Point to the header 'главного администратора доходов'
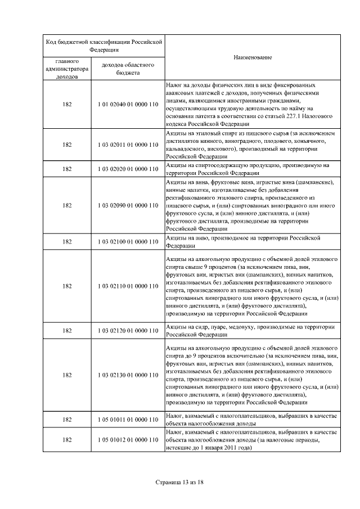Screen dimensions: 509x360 click(67, 69)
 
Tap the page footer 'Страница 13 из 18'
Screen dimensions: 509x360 click(179, 483)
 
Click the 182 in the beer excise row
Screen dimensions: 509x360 click(67, 242)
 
